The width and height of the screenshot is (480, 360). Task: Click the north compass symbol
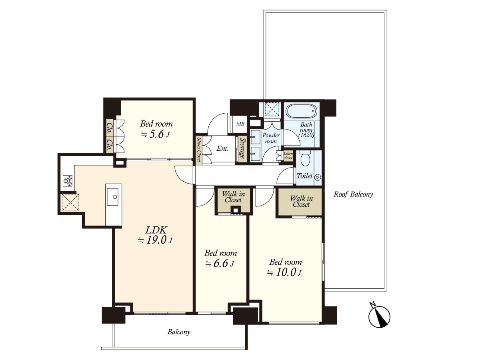tap(379, 316)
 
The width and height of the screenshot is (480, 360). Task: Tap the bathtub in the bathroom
tap(301, 111)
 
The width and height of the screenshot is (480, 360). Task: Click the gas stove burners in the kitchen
tap(68, 180)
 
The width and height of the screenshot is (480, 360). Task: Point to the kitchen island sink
tap(113, 197)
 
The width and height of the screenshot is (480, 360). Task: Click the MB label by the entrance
tap(240, 124)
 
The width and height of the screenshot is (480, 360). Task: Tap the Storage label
tap(242, 148)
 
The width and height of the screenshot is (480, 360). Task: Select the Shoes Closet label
tap(199, 150)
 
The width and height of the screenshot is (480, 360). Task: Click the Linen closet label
tap(288, 156)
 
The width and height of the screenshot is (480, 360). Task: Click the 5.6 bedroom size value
tap(156, 134)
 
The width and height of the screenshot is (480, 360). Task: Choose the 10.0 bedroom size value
tap(286, 272)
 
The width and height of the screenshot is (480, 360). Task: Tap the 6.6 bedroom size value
tap(221, 263)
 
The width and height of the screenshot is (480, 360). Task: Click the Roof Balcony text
tap(353, 194)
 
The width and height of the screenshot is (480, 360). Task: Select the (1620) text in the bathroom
tap(306, 135)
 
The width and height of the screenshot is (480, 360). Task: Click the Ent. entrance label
tap(222, 149)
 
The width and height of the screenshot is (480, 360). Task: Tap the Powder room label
tap(271, 138)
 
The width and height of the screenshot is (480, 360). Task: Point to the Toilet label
tap(305, 176)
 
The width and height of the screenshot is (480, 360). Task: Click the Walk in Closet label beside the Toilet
tap(301, 201)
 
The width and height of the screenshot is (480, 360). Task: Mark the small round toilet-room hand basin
tap(318, 177)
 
